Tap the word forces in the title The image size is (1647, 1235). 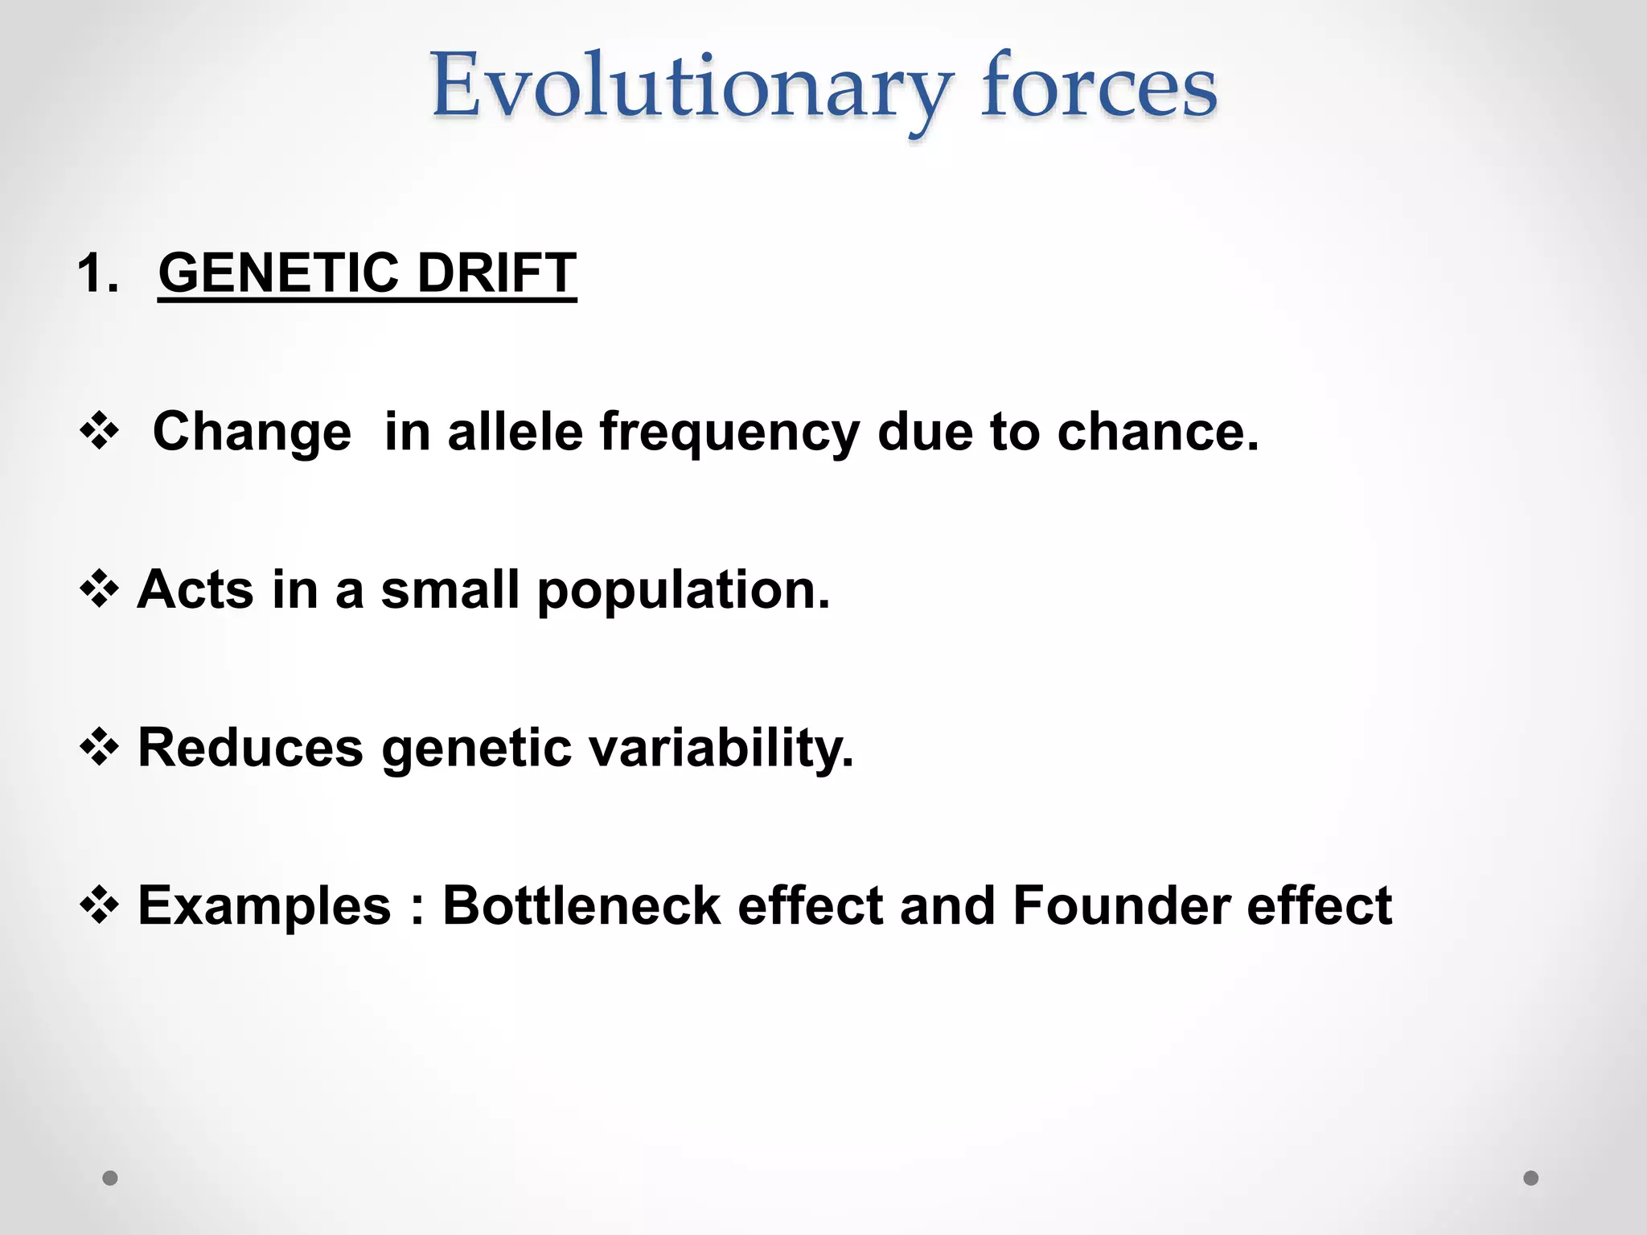[1099, 87]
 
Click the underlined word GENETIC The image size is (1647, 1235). [278, 273]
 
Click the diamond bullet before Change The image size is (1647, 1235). [100, 431]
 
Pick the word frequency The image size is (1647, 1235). [729, 433]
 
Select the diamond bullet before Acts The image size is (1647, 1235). [100, 589]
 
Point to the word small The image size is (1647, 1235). [450, 589]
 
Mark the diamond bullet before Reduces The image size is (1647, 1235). [100, 748]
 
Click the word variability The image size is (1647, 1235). [720, 748]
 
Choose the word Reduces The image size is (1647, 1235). [251, 748]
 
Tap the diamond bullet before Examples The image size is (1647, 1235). [100, 905]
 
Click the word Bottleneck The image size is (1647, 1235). [581, 905]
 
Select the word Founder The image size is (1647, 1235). [1121, 905]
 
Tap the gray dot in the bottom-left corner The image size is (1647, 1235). [110, 1178]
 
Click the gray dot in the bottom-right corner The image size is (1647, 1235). [1531, 1178]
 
